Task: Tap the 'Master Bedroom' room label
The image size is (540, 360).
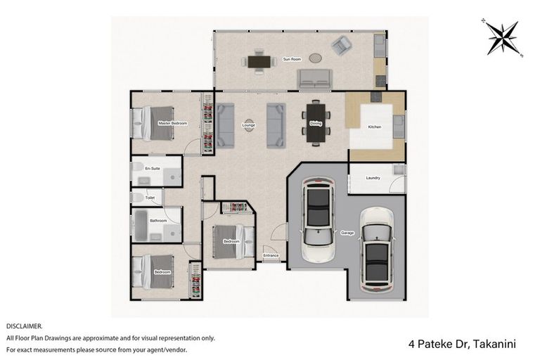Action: tap(172, 123)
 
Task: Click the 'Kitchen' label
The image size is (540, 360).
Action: tap(375, 127)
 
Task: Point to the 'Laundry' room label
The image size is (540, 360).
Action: tap(373, 178)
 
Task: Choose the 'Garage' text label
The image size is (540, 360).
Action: tap(347, 233)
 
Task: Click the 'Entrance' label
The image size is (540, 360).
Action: tap(271, 255)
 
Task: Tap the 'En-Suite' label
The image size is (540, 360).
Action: tap(152, 169)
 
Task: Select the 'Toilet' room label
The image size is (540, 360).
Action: tap(149, 198)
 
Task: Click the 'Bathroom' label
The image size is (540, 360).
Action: tap(157, 221)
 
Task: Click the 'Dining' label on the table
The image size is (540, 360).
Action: tap(315, 124)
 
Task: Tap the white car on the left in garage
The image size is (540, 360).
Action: tap(317, 220)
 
